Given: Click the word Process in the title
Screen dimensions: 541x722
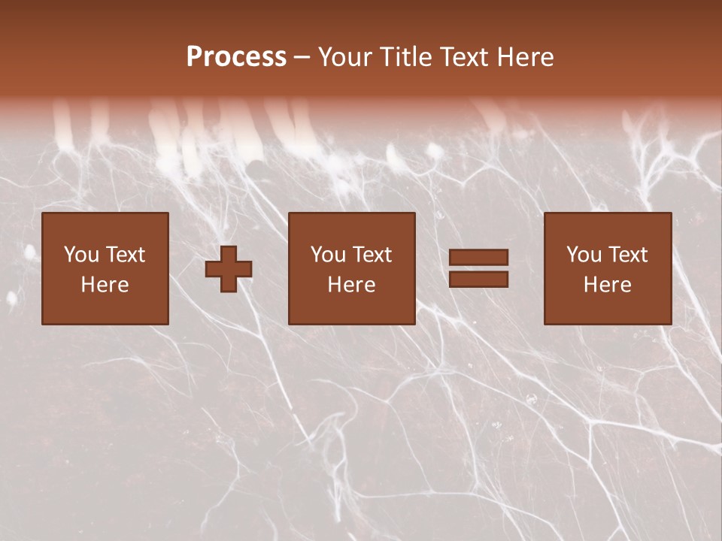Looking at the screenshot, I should (x=236, y=57).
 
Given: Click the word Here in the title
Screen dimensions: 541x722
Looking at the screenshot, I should (x=526, y=57).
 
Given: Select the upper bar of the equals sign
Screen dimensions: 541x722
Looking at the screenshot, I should (x=478, y=258).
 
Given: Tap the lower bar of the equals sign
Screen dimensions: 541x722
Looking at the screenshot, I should (x=478, y=280).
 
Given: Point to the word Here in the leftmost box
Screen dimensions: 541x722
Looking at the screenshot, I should (x=105, y=285).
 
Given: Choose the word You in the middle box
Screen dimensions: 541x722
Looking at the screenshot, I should (x=328, y=255).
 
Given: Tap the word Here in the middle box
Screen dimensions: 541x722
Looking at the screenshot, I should (x=351, y=285).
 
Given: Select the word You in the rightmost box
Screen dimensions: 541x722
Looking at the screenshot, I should (x=584, y=255).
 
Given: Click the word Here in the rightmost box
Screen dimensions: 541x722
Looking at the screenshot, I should (x=607, y=285).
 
